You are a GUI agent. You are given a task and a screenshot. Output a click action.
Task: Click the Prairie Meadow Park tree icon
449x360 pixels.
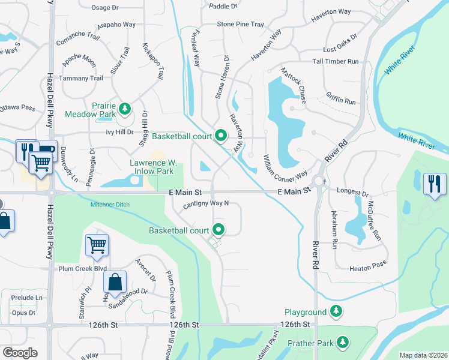(124, 109)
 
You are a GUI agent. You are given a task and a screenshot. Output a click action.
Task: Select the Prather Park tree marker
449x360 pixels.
(343, 341)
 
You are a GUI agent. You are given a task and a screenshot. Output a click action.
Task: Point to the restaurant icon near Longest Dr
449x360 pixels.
(434, 183)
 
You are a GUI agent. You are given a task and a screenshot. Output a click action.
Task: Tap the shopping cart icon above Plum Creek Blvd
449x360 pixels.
(96, 244)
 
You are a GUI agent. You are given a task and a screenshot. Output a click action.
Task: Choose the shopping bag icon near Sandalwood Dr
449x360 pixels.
(114, 281)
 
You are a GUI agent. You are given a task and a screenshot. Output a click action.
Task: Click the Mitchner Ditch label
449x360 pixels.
(109, 205)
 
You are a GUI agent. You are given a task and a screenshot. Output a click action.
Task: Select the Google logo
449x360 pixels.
(20, 352)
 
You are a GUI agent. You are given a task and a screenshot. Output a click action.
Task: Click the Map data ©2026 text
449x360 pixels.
(423, 355)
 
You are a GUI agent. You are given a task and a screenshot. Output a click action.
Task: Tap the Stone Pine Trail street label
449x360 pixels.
(241, 25)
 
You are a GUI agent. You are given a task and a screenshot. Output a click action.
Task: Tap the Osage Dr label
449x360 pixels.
(108, 8)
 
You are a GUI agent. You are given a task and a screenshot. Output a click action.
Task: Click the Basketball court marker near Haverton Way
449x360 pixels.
(220, 136)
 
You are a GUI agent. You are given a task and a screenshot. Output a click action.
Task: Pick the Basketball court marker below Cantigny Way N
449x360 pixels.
(219, 229)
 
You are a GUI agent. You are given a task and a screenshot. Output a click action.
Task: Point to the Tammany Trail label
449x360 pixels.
(80, 78)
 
